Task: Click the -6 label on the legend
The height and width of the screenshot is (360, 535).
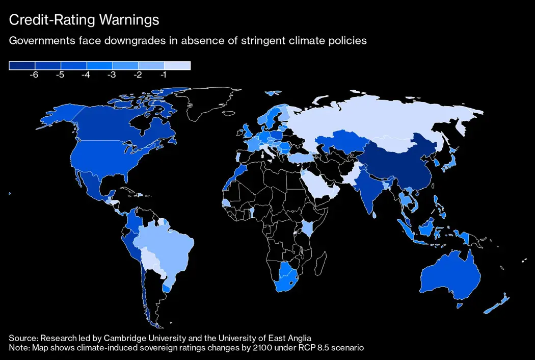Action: click(35, 75)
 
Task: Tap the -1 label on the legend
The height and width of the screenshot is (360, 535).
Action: click(164, 75)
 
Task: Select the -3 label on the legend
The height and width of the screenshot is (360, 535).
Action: click(112, 75)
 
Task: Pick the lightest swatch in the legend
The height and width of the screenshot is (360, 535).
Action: click(177, 66)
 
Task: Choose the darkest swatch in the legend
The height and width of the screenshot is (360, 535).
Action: click(22, 66)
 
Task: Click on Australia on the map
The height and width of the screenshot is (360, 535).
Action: click(451, 276)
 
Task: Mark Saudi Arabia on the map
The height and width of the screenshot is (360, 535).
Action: click(322, 187)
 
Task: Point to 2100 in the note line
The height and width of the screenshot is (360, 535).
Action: click(245, 348)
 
